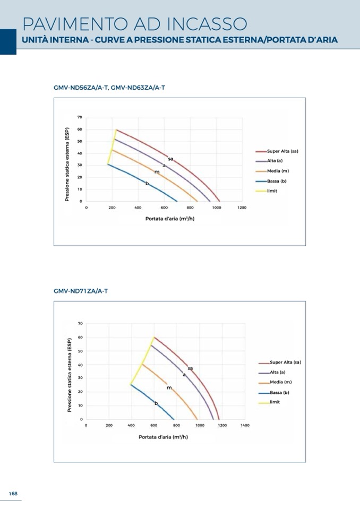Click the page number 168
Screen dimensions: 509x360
pyautogui.click(x=13, y=494)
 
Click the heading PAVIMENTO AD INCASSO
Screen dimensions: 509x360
pyautogui.click(x=135, y=24)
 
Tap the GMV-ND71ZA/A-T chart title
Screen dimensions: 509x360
pyautogui.click(x=81, y=291)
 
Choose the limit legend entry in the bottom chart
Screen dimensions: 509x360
pyautogui.click(x=275, y=402)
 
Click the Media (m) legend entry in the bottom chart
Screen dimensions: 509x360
pyautogui.click(x=280, y=382)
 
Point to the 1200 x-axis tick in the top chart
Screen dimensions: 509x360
pyautogui.click(x=242, y=208)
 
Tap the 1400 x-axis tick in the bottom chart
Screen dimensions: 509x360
pyautogui.click(x=245, y=425)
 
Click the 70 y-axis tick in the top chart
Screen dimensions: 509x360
pyautogui.click(x=80, y=117)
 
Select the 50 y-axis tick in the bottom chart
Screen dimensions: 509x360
pyautogui.click(x=80, y=351)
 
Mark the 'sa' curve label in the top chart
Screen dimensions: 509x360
pyautogui.click(x=170, y=159)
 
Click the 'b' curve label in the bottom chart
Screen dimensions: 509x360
pyautogui.click(x=156, y=404)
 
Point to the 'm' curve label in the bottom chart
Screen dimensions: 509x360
pyautogui.click(x=169, y=388)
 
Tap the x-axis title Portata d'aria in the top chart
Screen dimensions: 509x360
pyautogui.click(x=170, y=218)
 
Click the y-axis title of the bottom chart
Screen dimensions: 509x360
pyautogui.click(x=70, y=375)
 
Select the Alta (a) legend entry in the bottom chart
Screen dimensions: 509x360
pyautogui.click(x=277, y=372)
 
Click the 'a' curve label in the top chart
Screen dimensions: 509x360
pyautogui.click(x=164, y=165)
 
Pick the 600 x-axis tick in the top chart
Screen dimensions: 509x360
pyautogui.click(x=164, y=208)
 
